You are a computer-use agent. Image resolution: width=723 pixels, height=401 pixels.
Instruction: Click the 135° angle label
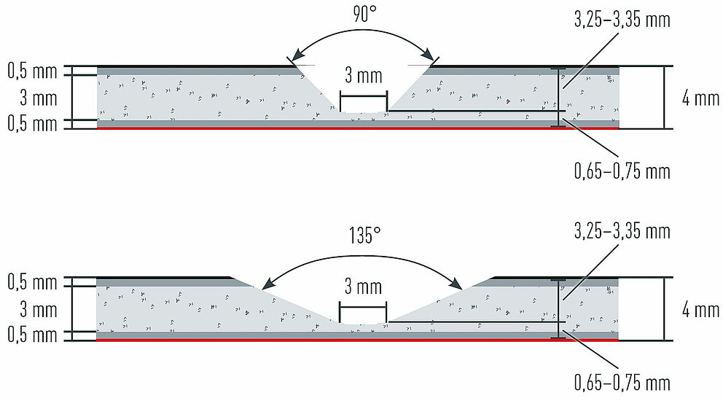tap(364, 234)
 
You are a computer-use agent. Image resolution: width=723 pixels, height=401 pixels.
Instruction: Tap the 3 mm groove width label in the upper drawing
tap(363, 75)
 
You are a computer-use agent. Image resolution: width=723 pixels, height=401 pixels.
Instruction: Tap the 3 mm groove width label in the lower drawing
tap(363, 287)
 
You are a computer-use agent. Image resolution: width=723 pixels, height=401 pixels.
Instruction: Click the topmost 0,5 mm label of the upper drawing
tap(32, 71)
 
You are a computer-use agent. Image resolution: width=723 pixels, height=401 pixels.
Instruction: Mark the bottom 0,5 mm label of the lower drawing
tap(32, 335)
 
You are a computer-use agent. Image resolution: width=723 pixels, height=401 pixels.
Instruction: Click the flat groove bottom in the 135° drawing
tap(363, 323)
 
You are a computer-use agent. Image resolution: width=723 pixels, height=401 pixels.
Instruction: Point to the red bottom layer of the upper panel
tap(219, 128)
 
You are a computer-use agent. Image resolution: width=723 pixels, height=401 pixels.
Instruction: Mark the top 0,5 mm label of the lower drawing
tap(32, 281)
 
